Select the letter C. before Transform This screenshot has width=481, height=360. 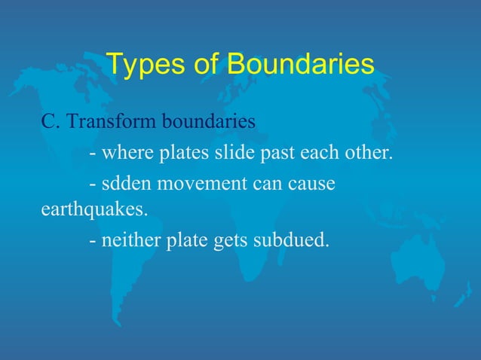coord(49,122)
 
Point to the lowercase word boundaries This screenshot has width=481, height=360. coord(210,122)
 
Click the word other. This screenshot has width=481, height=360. coord(371,154)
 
